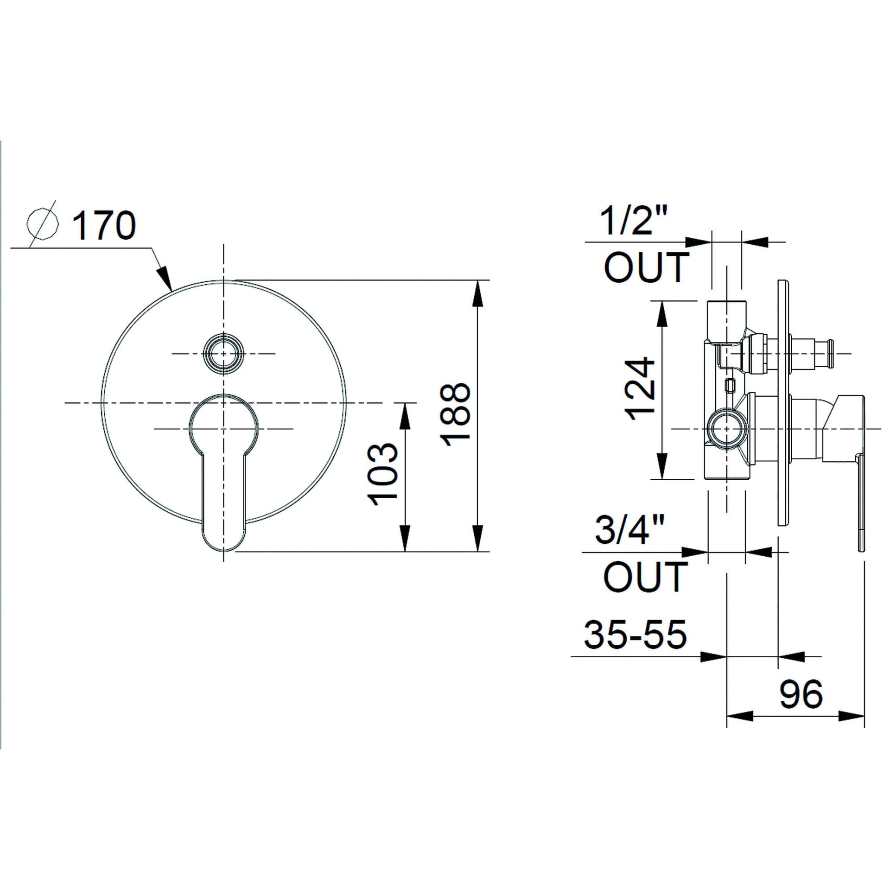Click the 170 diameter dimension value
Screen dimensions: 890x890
tap(104, 226)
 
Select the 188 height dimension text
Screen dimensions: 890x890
tap(457, 414)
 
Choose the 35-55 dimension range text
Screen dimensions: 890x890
tap(635, 634)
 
